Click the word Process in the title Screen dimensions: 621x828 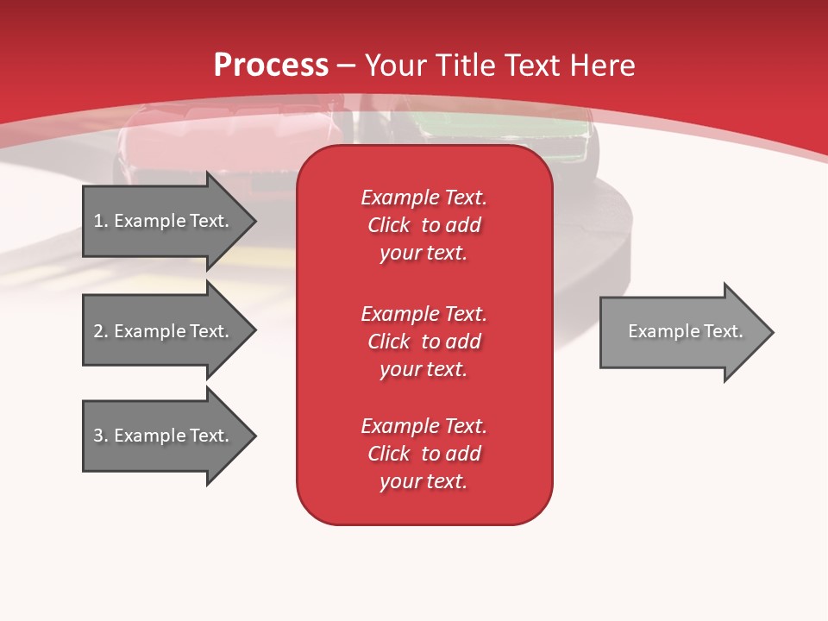tap(271, 66)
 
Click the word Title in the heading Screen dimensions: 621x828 tap(468, 66)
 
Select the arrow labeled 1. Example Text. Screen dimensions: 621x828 tap(164, 221)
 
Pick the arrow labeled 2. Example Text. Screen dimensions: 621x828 tap(164, 331)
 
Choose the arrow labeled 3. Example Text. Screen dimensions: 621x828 tap(164, 436)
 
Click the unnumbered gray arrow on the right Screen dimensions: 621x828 tap(681, 332)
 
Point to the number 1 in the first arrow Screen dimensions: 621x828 tap(98, 221)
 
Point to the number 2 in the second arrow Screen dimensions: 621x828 tap(98, 331)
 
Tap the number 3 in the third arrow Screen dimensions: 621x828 tap(98, 436)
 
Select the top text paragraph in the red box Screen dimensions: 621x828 tap(423, 225)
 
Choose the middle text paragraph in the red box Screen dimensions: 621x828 tap(423, 341)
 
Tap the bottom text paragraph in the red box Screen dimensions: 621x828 tap(423, 454)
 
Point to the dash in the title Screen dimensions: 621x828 tap(347, 66)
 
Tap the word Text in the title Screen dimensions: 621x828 tap(534, 66)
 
